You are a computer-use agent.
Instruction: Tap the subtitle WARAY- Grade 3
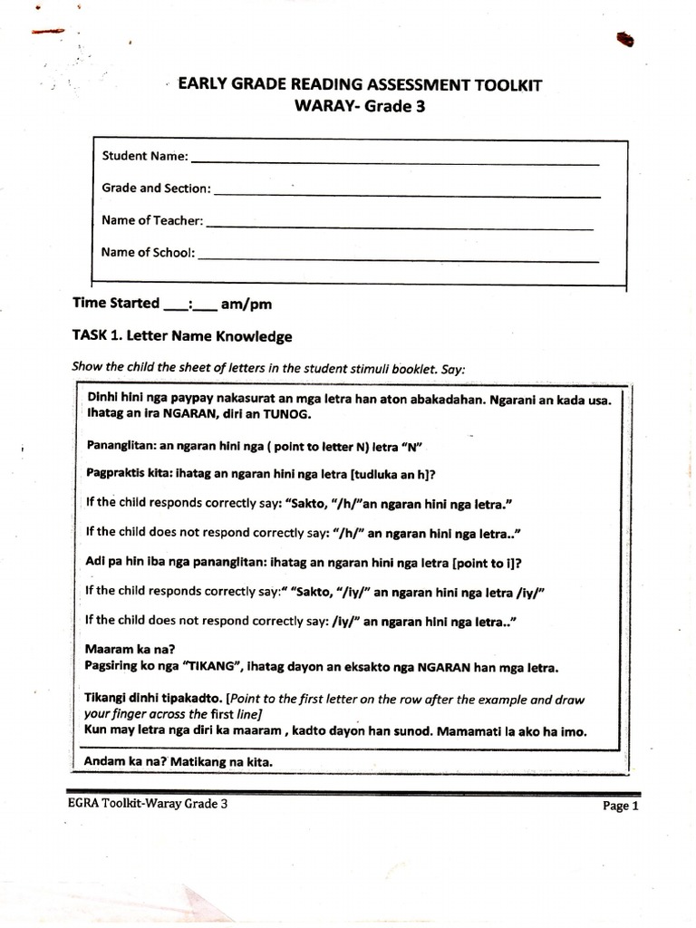click(x=360, y=106)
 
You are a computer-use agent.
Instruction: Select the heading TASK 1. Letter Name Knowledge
click(x=182, y=336)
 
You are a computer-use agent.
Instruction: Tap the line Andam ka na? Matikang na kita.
click(x=179, y=762)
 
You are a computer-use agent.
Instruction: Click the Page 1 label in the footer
click(x=621, y=805)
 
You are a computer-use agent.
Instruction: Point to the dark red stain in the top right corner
click(x=623, y=39)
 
